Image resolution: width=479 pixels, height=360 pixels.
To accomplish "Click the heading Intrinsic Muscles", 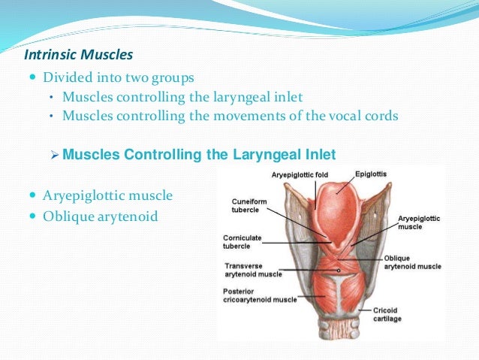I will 79,56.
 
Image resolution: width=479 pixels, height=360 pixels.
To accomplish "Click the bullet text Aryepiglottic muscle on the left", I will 108,196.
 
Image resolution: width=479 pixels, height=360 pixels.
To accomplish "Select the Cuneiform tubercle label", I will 244,206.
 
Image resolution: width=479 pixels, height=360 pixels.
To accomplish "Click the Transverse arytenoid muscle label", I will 253,270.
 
